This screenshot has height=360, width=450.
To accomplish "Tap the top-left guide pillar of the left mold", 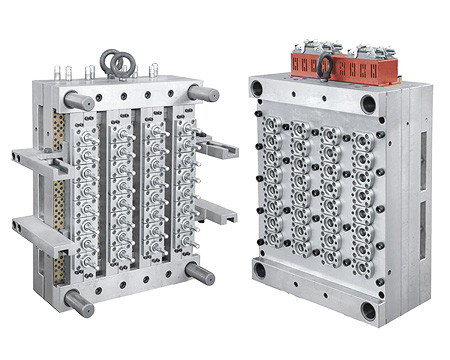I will click(79, 101).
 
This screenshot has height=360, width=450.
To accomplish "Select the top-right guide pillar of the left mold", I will click(203, 93).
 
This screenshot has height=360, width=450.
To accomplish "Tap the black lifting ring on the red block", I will click(325, 68).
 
